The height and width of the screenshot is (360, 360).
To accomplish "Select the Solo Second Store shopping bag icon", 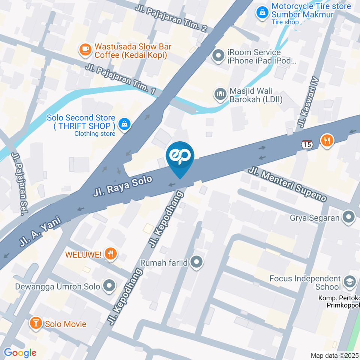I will (124, 123).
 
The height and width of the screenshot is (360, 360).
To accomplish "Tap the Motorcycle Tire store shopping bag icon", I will (262, 12).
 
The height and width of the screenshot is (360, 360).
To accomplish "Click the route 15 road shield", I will (307, 144).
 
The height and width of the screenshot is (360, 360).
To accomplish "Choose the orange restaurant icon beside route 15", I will (327, 141).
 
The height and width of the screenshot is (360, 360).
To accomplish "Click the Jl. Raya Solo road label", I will (123, 186).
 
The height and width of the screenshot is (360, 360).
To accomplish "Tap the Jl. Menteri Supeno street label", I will (288, 185).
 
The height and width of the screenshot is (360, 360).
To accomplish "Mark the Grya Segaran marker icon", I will (349, 217).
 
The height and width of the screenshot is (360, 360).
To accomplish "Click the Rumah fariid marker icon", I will (196, 262).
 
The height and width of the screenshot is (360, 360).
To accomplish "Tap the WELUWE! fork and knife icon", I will (110, 254).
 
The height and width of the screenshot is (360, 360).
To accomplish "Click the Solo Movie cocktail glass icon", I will (36, 323).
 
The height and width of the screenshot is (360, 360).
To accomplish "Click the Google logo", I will (20, 352).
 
